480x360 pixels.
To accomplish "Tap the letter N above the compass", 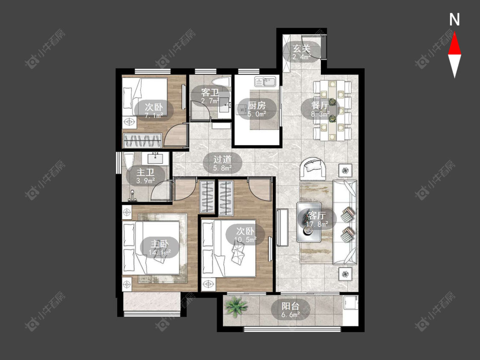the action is coord(454,20).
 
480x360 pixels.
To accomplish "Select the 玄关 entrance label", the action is coord(302,48).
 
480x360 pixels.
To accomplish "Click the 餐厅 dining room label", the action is coord(320,105).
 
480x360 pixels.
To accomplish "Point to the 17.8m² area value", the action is coord(317,224).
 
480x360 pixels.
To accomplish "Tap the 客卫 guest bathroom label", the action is coord(210,92).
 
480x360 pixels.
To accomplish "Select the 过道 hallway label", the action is coord(222,159).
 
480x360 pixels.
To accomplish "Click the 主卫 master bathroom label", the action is coord(145,172).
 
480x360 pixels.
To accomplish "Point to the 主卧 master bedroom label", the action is coord(160,244).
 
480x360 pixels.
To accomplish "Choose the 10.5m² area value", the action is coord(245,239).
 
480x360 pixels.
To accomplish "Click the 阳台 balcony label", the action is coord(291,306).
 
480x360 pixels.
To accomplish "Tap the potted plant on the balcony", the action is coord(236,307).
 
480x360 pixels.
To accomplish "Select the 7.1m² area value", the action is coord(154,116).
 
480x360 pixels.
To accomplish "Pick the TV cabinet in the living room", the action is coord(282,227).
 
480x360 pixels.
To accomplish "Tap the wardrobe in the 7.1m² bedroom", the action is coord(143,140).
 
